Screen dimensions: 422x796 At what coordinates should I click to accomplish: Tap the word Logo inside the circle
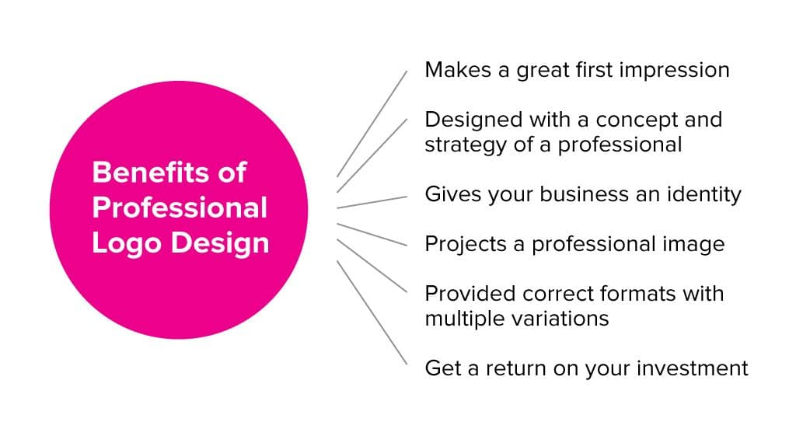click(x=124, y=243)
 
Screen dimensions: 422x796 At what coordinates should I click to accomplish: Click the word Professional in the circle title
click(x=180, y=208)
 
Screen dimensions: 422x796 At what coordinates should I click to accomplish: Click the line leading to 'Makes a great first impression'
click(x=372, y=124)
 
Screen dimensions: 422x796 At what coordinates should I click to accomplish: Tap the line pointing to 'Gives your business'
click(x=372, y=202)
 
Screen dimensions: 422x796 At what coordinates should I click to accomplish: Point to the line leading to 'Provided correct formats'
click(x=372, y=266)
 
